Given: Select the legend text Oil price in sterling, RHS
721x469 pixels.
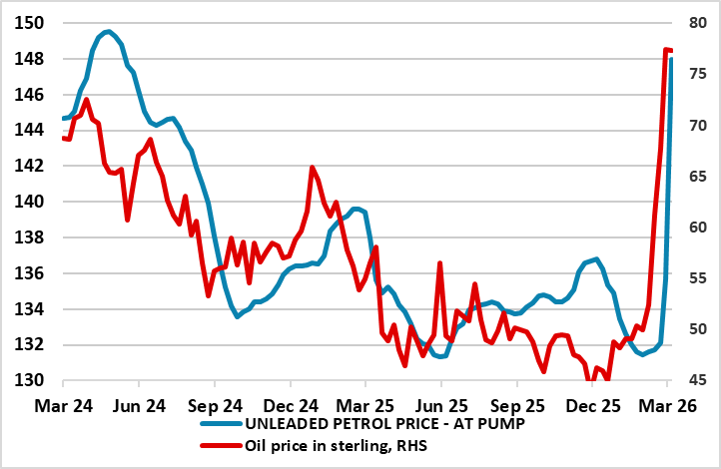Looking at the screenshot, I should pyautogui.click(x=336, y=446).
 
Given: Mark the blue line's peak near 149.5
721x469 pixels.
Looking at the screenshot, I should pyautogui.click(x=108, y=32).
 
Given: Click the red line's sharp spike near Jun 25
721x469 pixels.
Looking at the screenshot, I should pyautogui.click(x=439, y=262).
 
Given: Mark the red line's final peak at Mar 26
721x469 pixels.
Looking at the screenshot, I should pyautogui.click(x=666, y=49).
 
